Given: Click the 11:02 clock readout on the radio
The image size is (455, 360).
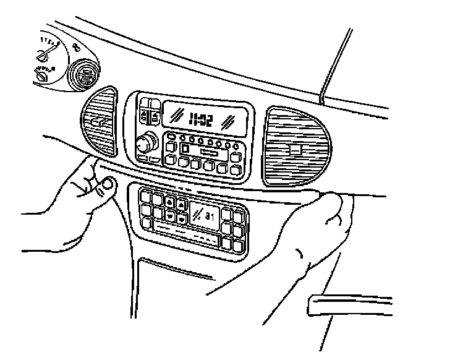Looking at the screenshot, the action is [200, 119].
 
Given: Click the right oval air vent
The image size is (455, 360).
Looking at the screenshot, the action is [295, 145].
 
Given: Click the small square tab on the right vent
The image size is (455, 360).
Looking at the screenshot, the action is [296, 148].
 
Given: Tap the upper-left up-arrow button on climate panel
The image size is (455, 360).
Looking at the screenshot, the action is [169, 203].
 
